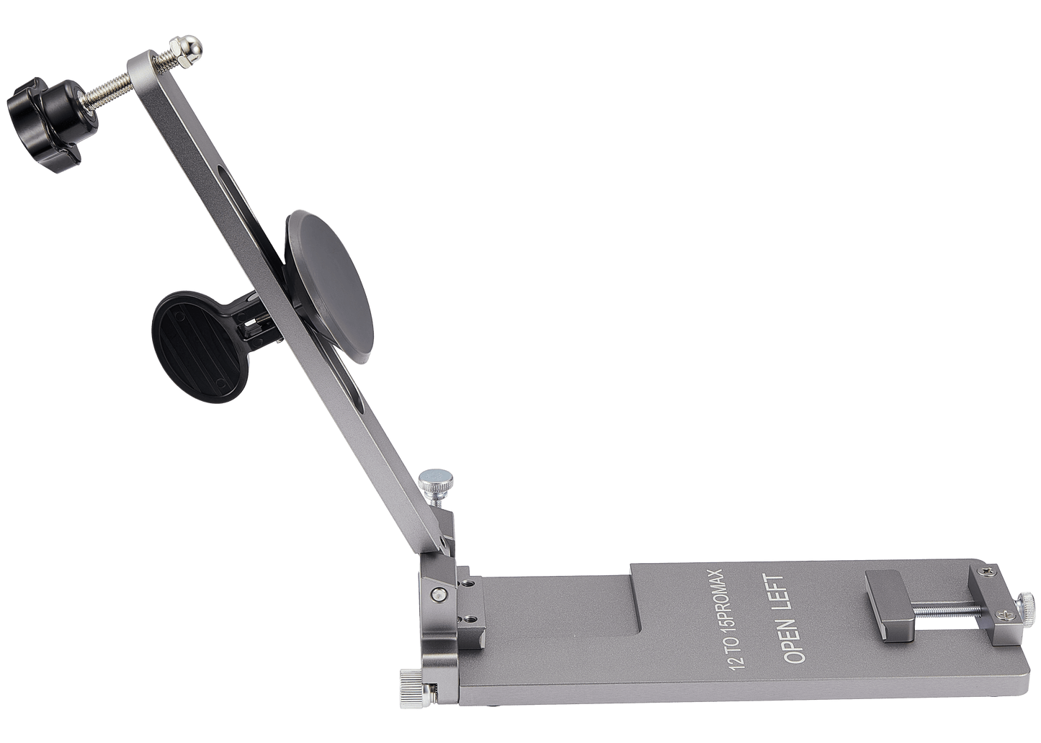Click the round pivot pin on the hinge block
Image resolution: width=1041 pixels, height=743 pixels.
(x=437, y=593)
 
